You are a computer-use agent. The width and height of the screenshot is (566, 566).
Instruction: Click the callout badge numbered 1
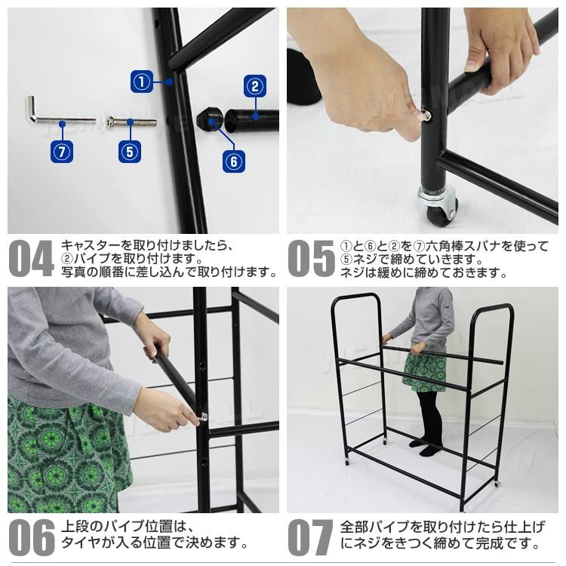(x=142, y=80)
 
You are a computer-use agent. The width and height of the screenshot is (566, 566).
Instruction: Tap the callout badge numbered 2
(x=254, y=85)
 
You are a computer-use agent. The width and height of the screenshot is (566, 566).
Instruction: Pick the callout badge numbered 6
(x=234, y=160)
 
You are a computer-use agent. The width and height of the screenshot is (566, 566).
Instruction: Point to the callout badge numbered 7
(x=63, y=150)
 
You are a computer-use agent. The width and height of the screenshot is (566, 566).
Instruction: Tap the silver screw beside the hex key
(x=131, y=121)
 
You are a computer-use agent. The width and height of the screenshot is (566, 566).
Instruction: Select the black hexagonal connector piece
(x=209, y=118)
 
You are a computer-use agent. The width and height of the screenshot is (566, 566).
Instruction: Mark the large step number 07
(x=310, y=538)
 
